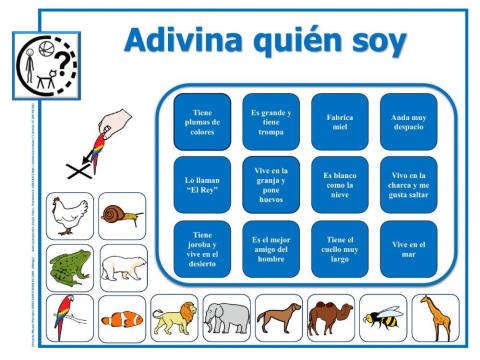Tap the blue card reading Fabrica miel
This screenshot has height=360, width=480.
tap(338, 122)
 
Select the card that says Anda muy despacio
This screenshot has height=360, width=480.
tap(407, 122)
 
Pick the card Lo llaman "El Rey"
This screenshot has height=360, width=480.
tap(201, 184)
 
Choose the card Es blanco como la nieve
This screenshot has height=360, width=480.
tap(338, 184)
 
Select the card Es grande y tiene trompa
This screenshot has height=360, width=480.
tap(270, 122)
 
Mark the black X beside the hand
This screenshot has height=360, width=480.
tap(78, 170)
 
